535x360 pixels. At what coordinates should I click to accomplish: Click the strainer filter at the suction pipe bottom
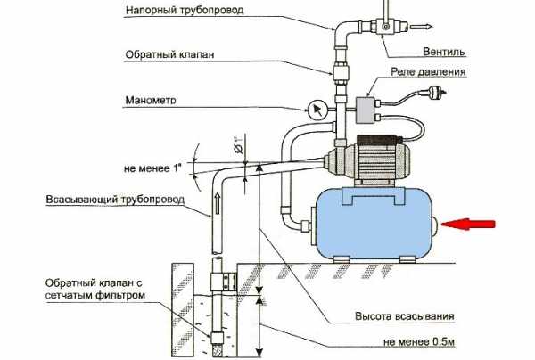(217, 340)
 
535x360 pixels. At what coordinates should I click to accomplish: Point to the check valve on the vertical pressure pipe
(340, 74)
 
